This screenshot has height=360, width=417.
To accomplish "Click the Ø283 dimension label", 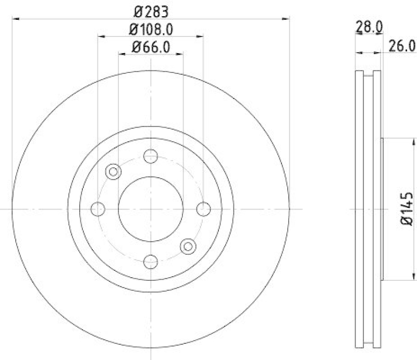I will [x=151, y=10].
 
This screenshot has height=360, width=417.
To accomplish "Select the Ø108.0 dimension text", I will [x=151, y=29].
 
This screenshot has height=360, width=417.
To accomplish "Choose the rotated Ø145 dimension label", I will [x=407, y=209].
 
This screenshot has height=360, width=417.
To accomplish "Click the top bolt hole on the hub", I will [x=151, y=156].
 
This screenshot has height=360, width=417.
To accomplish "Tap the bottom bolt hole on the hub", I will [x=151, y=262].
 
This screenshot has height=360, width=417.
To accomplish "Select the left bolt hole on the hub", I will [x=98, y=209].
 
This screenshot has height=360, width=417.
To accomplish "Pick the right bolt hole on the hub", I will [x=203, y=209].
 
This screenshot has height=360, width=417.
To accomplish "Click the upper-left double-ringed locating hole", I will [x=113, y=171].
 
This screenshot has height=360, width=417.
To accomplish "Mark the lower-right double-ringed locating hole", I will [x=188, y=246].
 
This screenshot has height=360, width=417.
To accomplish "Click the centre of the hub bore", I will [x=151, y=209].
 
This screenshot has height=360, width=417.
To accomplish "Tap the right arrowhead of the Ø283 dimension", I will [x=286, y=19].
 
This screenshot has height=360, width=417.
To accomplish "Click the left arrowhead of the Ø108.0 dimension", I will [x=101, y=36].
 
